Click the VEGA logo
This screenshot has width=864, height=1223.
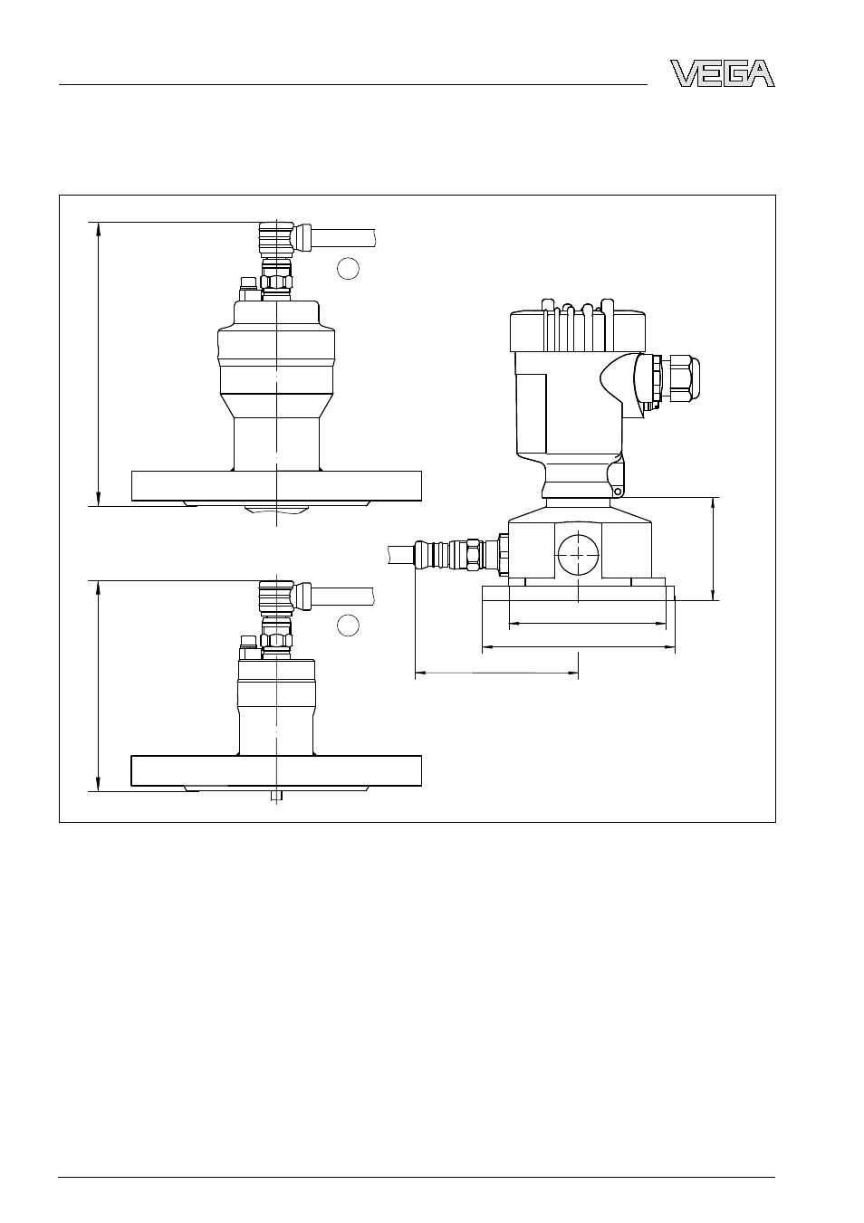[x=722, y=73]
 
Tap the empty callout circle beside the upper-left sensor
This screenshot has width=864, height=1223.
[x=348, y=268]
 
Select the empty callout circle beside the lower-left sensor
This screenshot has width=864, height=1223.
[x=348, y=626]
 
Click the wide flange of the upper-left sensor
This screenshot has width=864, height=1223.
[x=276, y=486]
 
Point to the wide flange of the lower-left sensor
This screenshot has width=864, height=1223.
[x=276, y=771]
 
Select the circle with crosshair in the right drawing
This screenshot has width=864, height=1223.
[x=578, y=554]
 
